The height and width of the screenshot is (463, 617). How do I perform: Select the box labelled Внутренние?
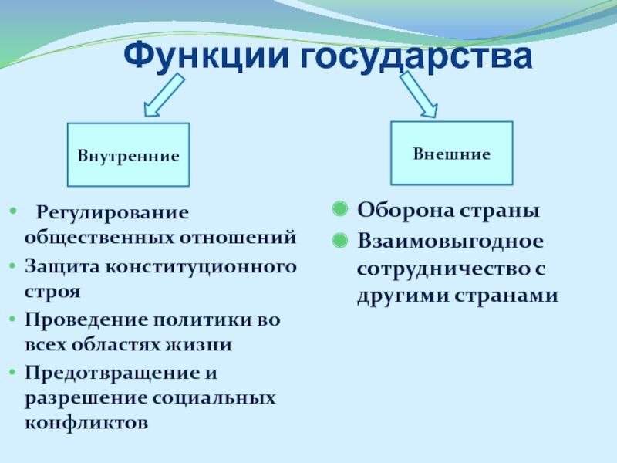[x=128, y=155]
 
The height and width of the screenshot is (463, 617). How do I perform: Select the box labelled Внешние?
[x=451, y=153]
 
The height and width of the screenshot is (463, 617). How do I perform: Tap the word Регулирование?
[x=113, y=211]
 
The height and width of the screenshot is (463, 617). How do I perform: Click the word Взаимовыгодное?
[x=450, y=241]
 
